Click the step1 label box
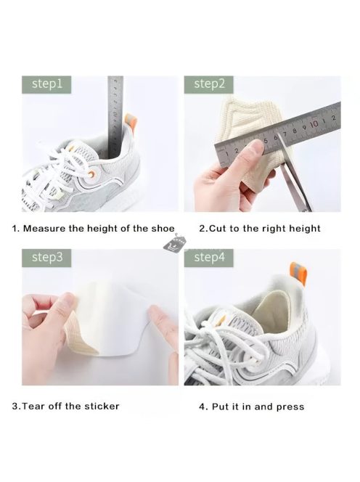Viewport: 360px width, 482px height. pyautogui.click(x=46, y=84)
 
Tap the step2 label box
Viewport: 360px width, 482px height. pyautogui.click(x=209, y=84)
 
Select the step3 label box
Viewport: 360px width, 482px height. pyautogui.click(x=46, y=258)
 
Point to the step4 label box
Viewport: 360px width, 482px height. pyautogui.click(x=209, y=258)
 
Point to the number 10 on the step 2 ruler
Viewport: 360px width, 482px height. pyautogui.click(x=314, y=124)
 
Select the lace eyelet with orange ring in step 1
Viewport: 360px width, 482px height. pyautogui.click(x=91, y=174)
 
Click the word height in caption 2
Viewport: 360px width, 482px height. pyautogui.click(x=303, y=229)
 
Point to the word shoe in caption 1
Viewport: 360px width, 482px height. pyautogui.click(x=163, y=229)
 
